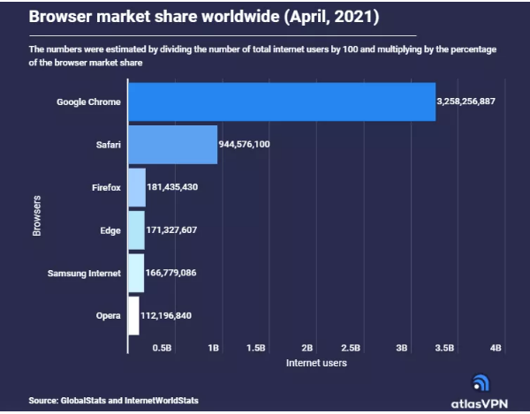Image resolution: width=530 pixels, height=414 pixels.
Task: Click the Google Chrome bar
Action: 282,102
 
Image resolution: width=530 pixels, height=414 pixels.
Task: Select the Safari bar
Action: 173,144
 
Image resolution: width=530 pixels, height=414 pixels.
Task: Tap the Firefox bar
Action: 137,187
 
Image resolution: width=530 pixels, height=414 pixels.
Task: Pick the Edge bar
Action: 136,230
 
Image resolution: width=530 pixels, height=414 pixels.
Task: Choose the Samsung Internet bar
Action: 136,273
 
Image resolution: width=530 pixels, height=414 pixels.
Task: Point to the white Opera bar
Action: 133,315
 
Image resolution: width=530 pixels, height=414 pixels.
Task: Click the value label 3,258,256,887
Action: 478,102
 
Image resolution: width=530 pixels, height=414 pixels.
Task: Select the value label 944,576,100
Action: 257,145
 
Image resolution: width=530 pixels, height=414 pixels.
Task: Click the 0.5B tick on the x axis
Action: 162,348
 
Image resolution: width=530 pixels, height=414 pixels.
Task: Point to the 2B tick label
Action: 307,348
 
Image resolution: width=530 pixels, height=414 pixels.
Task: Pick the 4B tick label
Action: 496,348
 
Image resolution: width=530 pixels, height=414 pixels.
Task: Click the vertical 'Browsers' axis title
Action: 37,216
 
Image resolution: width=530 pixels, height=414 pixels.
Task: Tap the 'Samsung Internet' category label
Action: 84,273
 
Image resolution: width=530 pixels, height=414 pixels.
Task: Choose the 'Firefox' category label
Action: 106,187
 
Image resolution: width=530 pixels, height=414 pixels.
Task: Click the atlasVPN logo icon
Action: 481,382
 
